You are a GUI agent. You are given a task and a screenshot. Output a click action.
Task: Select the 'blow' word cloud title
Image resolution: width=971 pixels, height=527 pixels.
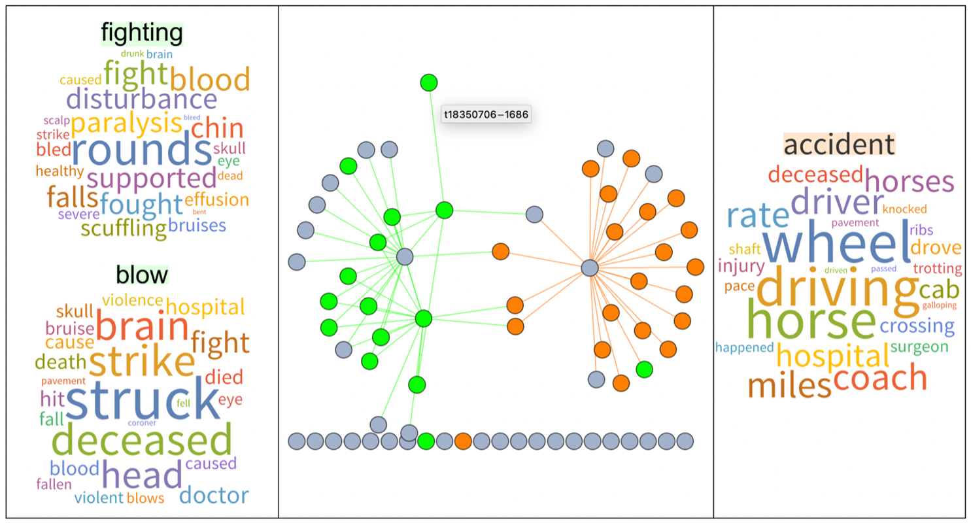point(142,275)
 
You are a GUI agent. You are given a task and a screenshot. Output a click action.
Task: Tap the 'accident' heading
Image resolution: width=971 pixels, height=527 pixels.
point(839,144)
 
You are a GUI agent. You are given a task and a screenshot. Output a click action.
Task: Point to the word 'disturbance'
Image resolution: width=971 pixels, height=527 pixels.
point(141,99)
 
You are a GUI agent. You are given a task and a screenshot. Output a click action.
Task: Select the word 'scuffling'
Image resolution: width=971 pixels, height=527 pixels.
point(124,229)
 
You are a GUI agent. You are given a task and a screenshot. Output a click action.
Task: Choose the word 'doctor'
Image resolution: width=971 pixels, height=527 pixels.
point(214,495)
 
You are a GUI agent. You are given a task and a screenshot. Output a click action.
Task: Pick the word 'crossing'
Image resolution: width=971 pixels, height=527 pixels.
point(917,326)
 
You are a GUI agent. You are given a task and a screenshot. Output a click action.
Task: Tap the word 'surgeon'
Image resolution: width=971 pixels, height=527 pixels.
point(919,347)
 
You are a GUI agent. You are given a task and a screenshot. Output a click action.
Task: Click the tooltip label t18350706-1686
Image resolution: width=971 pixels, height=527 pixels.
point(486,114)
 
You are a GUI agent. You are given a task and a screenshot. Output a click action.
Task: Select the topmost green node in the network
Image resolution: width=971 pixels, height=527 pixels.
point(428,83)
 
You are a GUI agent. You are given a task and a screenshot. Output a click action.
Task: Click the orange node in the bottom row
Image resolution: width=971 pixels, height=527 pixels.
point(463,441)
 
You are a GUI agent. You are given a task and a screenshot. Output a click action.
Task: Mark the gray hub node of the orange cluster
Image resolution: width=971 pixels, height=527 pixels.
point(590,267)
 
